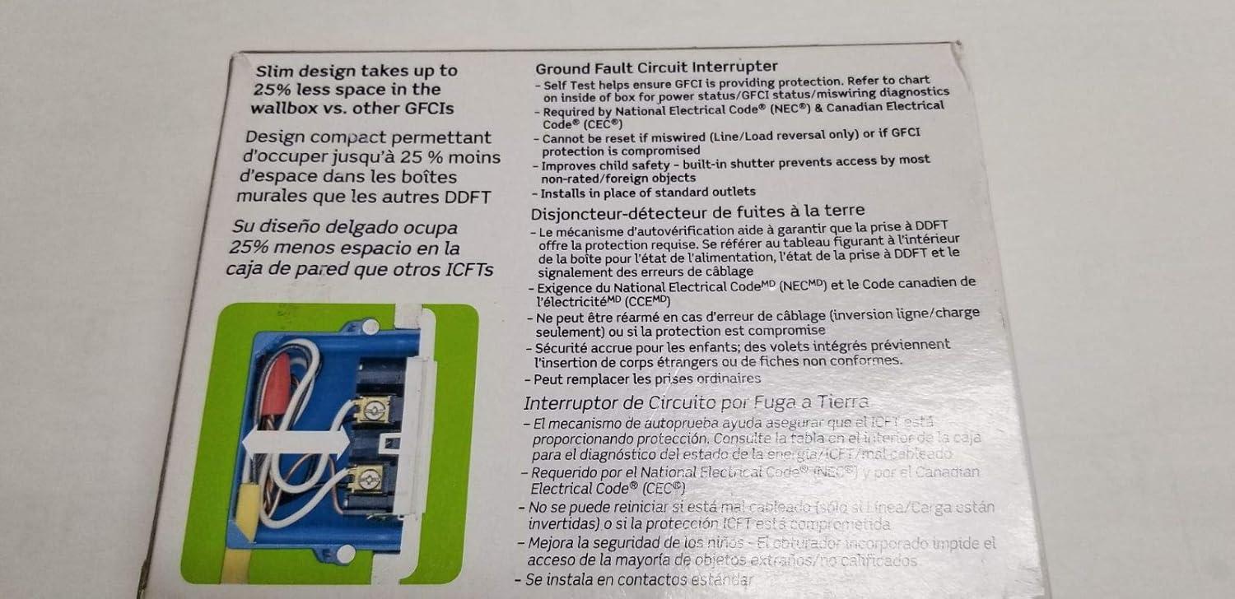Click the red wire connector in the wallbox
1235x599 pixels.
click(278, 387)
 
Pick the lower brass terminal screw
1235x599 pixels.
click(366, 478)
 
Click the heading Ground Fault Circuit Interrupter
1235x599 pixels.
click(655, 67)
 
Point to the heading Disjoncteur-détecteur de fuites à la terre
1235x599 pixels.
click(697, 212)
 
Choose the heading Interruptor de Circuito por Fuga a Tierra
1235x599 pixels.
click(696, 402)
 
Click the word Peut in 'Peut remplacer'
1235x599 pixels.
click(548, 379)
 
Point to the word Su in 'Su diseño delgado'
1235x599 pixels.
click(245, 229)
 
